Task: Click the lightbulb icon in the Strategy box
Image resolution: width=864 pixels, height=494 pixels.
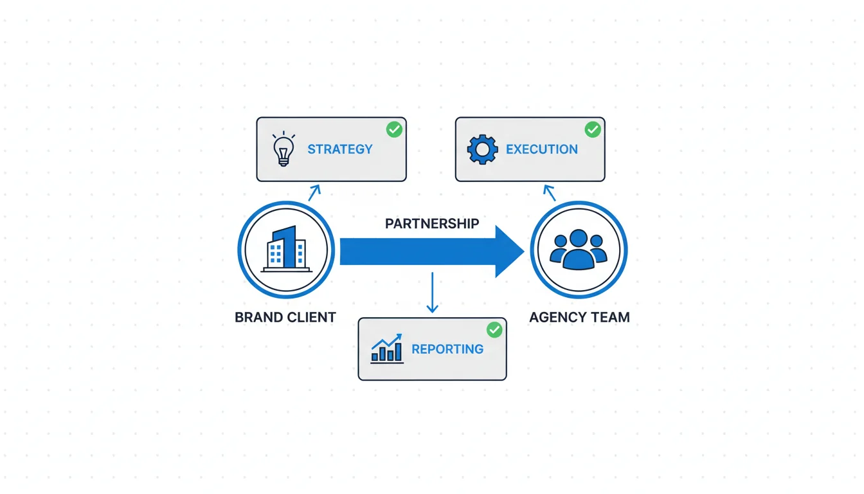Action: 283,149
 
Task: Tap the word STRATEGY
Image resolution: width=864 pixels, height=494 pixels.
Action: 339,149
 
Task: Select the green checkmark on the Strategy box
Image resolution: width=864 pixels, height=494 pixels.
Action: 394,129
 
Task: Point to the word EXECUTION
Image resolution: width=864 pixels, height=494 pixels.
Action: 541,149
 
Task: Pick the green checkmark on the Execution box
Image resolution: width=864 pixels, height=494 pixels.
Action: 592,129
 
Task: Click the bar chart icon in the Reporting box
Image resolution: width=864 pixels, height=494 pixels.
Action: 387,349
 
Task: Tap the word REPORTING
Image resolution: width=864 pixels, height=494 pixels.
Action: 447,349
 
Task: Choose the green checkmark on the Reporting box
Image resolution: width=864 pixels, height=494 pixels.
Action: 494,330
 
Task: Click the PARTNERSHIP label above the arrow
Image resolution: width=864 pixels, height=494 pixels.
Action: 432,224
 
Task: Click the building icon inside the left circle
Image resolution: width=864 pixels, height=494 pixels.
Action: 286,250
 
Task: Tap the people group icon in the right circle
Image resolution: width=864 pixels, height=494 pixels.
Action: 578,250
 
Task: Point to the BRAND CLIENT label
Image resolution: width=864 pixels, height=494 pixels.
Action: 285,317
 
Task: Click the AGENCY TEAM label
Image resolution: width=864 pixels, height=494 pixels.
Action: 579,317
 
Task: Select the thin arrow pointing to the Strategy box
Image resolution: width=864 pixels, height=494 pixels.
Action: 314,192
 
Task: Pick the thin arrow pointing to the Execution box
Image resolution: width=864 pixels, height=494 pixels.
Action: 549,192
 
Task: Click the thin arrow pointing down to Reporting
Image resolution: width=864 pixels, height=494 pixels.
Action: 432,293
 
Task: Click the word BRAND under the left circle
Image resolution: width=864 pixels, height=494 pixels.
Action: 258,317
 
